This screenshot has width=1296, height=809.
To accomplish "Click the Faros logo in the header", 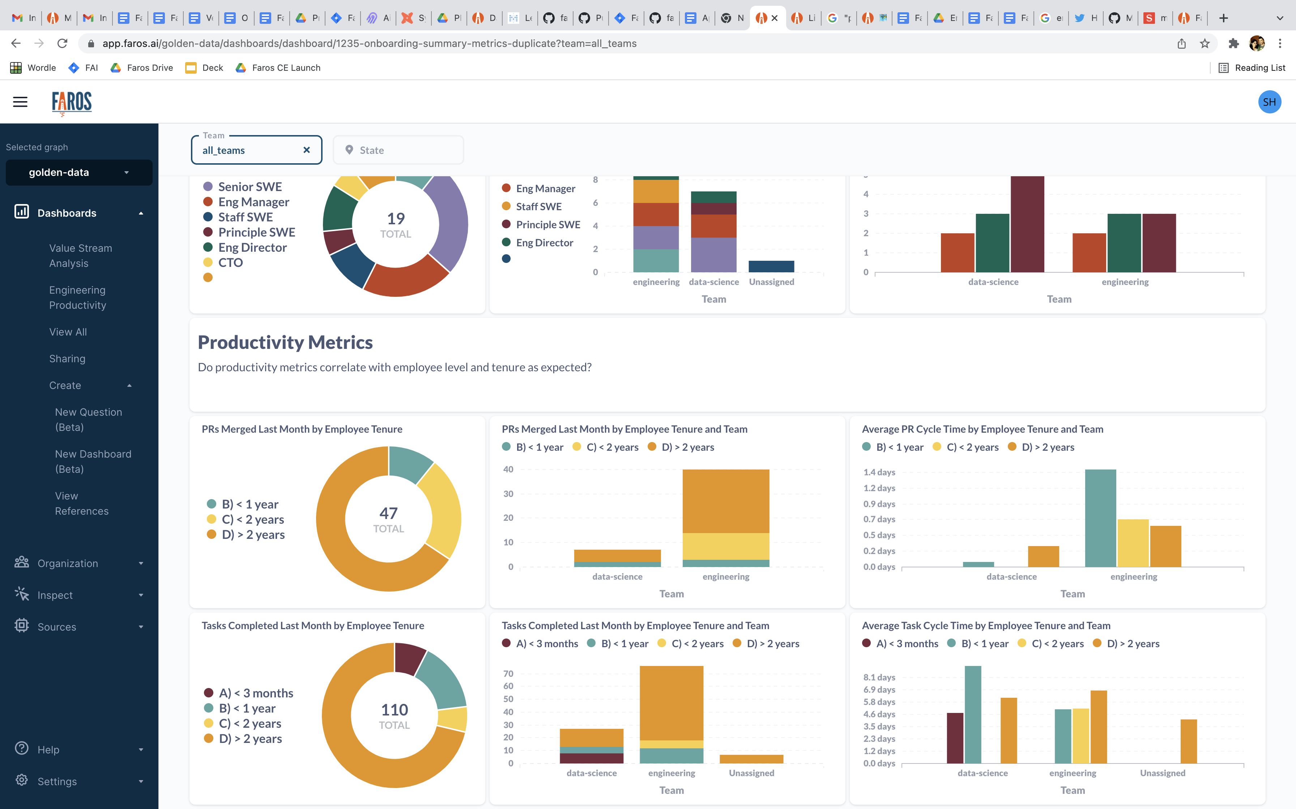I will point(72,102).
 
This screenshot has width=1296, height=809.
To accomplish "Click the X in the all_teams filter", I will point(306,150).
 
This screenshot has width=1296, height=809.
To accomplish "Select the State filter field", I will point(398,150).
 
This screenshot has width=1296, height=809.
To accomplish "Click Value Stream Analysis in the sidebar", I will point(80,256).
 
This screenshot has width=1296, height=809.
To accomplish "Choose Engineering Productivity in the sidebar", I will point(78,298).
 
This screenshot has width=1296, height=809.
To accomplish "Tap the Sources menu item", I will point(57,627).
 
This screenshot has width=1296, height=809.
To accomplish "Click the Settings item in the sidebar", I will point(57,781).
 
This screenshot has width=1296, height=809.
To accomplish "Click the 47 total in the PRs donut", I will point(388,514).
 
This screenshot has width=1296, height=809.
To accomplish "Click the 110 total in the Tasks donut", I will point(394,710).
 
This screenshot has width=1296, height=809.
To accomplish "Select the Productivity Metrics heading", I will point(285,342).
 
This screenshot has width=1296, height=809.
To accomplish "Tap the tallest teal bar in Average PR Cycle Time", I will point(1100,518).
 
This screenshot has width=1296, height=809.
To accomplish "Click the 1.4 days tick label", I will point(879,472).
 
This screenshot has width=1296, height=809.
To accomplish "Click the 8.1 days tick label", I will point(879,678).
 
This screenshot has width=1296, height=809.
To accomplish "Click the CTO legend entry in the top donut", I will point(230,263).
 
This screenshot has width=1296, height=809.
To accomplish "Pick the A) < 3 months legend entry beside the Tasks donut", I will point(256,693).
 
